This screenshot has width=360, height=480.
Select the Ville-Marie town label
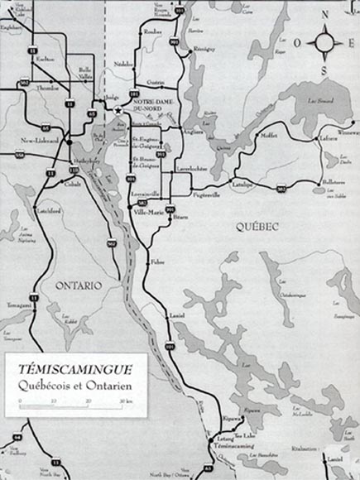pyautogui.click(x=146, y=213)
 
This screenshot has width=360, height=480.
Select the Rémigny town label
pyautogui.click(x=203, y=50)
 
